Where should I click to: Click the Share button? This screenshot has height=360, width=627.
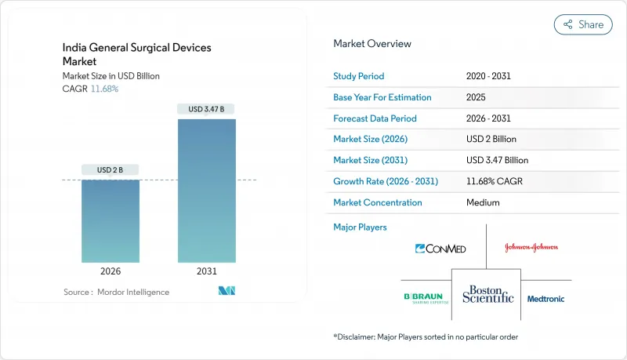(x=583, y=24)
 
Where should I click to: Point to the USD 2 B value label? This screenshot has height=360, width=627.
(x=111, y=170)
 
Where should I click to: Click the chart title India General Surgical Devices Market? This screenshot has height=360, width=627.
(x=136, y=54)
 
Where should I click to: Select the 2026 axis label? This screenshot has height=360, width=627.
(x=111, y=271)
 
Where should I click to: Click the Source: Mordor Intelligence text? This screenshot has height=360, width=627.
(x=116, y=292)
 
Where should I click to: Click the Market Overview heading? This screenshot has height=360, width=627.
(x=372, y=44)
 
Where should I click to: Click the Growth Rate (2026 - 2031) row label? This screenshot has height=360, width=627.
(x=386, y=181)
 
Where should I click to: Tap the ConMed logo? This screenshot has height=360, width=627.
(x=440, y=249)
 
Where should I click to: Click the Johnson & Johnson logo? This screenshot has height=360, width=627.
(x=531, y=247)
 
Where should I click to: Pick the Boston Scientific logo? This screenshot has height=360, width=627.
(x=486, y=294)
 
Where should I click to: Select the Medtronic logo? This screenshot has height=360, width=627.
(x=545, y=299)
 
